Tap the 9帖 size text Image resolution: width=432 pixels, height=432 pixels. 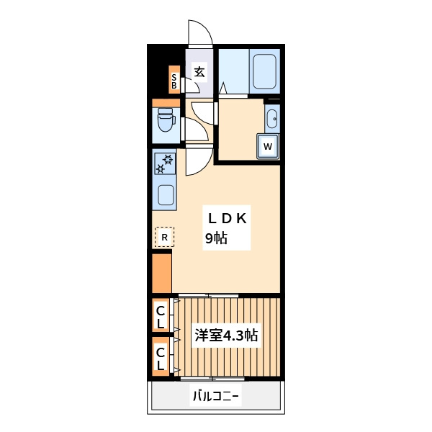(x=216, y=239)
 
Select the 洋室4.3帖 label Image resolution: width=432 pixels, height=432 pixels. (x=226, y=336)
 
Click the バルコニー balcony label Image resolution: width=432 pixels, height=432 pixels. (x=215, y=395)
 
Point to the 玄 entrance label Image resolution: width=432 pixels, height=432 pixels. (x=199, y=71)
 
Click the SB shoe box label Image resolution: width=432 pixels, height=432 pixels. (x=174, y=80)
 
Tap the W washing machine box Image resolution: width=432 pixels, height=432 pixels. (x=268, y=146)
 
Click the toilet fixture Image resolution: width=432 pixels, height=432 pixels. (x=166, y=120)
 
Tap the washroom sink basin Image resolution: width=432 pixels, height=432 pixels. (x=271, y=118)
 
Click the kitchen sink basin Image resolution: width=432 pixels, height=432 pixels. (x=165, y=195)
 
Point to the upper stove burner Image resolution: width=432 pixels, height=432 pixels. (x=168, y=159)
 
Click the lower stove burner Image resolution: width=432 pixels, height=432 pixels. (x=161, y=170)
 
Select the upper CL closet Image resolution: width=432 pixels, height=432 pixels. (x=161, y=317)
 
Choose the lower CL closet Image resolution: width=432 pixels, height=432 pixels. (x=161, y=358)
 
